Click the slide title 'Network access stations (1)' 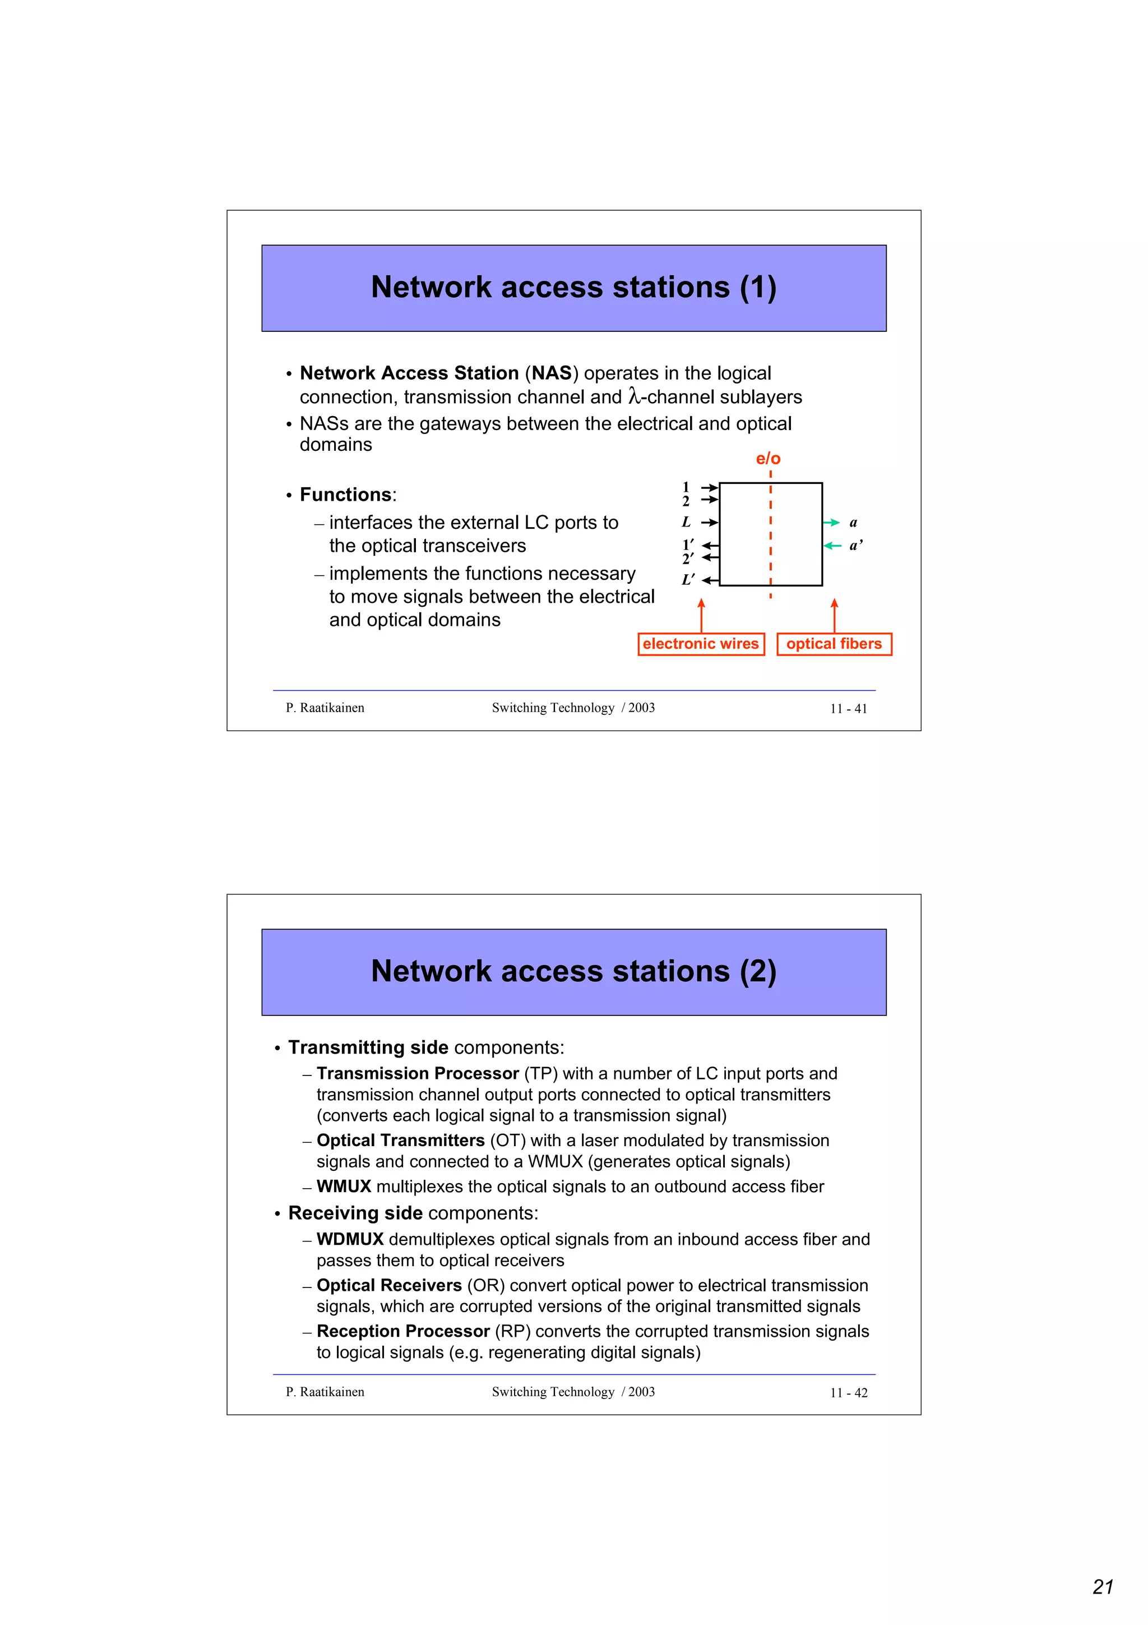coord(573,287)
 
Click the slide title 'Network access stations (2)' coord(573,971)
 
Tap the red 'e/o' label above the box coord(767,459)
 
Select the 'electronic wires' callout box coord(700,644)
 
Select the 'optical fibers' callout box coord(834,644)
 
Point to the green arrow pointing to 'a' coord(831,523)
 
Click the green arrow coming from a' coord(832,546)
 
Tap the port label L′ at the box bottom coord(688,580)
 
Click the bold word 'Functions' coord(345,495)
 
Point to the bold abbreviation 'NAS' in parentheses coord(551,373)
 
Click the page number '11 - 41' coord(848,708)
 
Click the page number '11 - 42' coord(848,1392)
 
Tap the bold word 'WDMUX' coord(349,1239)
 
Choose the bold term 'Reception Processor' coord(402,1331)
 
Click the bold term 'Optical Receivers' coord(389,1285)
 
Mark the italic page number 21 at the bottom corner coord(1103,1587)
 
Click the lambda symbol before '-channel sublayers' coord(634,397)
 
